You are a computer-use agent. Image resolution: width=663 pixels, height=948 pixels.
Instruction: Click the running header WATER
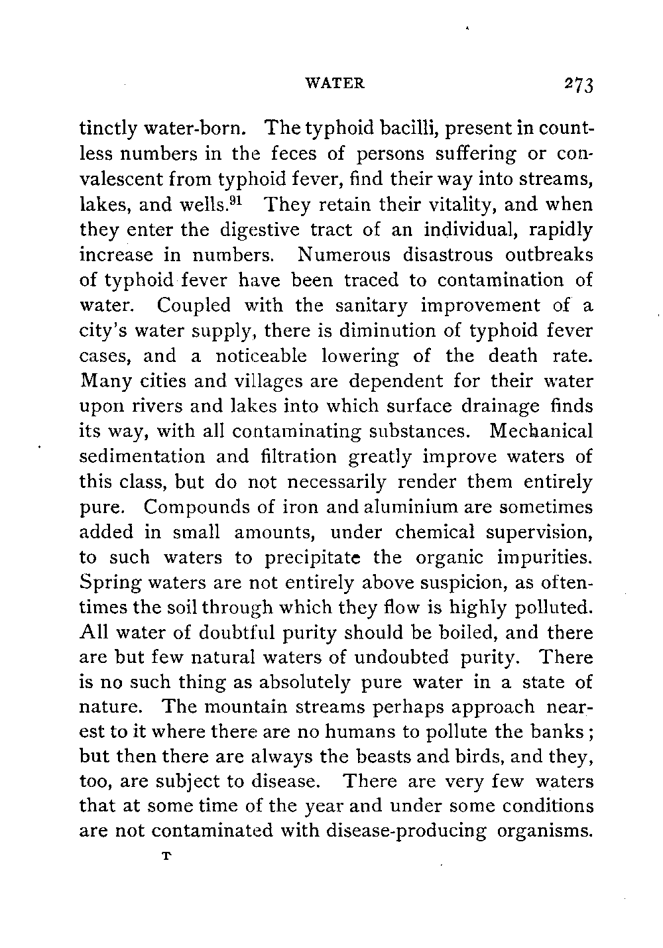[x=335, y=84]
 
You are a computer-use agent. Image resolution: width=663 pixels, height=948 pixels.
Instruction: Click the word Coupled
[x=195, y=306]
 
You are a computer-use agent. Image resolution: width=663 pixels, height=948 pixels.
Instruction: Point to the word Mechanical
[x=540, y=432]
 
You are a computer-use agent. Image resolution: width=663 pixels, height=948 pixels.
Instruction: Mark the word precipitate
[x=312, y=558]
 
